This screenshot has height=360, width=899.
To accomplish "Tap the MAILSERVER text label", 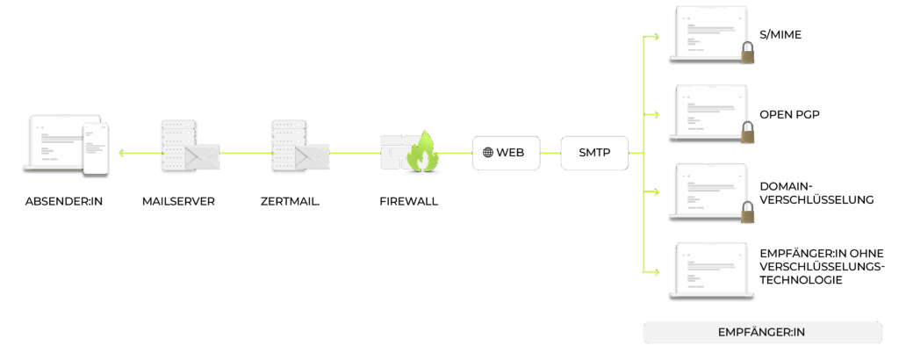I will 178,201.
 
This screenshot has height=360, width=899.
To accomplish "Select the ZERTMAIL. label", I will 290,201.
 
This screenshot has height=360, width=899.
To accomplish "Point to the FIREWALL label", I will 409,201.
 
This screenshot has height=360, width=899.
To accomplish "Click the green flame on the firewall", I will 425,152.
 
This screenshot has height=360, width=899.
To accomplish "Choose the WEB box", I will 504,152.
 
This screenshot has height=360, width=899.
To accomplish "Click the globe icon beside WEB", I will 488,152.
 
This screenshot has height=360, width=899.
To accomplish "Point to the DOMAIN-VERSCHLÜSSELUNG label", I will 816,193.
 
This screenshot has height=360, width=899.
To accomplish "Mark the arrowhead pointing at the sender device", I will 122,153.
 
